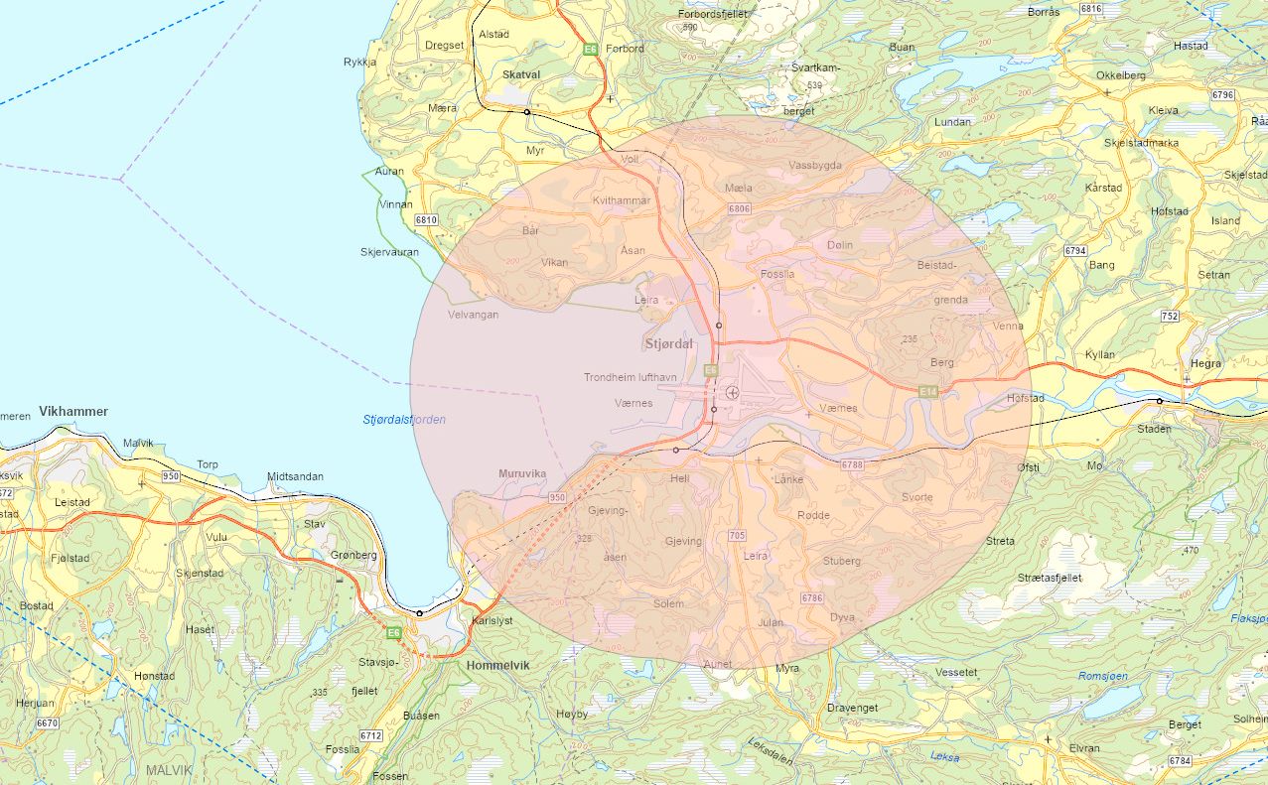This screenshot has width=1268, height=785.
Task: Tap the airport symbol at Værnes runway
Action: [x=733, y=392]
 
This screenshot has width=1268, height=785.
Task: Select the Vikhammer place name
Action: [x=73, y=411]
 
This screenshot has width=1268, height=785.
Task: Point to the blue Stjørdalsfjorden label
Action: [x=404, y=420]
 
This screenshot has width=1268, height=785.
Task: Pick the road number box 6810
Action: [x=427, y=220]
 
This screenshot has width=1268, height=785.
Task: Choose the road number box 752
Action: [x=1170, y=317]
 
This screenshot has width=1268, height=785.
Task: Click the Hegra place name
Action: [x=1205, y=363]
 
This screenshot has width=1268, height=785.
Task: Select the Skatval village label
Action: [x=521, y=74]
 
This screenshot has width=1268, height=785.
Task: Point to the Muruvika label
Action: [x=522, y=474]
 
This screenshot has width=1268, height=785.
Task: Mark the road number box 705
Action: [x=736, y=536]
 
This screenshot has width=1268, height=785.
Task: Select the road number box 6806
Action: [x=739, y=209]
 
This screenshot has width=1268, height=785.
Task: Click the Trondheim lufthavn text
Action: [x=631, y=377]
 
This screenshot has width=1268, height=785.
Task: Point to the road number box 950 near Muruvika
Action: [x=557, y=497]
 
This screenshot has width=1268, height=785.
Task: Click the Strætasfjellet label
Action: [x=1050, y=577]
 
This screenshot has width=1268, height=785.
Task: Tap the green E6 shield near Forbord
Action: [x=591, y=49]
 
